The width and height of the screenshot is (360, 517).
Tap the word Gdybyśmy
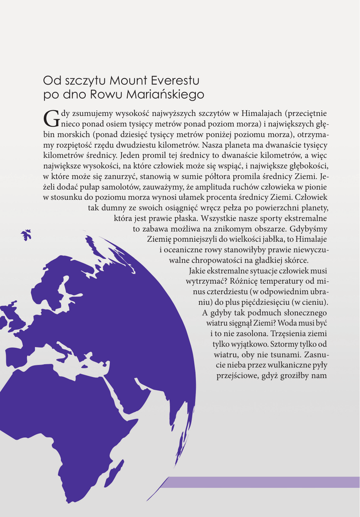[308, 229]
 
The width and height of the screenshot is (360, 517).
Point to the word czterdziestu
[229, 292]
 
